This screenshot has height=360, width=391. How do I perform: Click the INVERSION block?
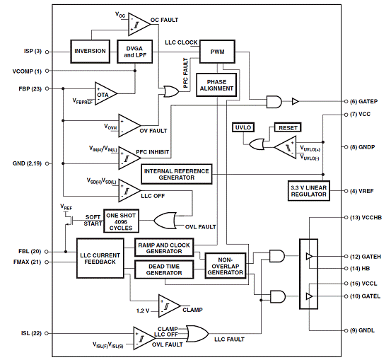pyautogui.click(x=90, y=51)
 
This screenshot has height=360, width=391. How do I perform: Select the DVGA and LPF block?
pyautogui.click(x=134, y=51)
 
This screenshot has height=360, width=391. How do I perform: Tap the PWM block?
pyautogui.click(x=217, y=52)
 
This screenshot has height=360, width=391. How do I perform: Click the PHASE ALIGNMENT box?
pyautogui.click(x=216, y=85)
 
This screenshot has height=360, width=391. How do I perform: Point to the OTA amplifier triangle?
pyautogui.click(x=105, y=94)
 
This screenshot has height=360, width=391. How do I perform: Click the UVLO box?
pyautogui.click(x=243, y=127)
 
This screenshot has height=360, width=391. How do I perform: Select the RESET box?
pyautogui.click(x=288, y=127)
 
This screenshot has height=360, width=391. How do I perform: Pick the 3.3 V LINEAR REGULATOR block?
pyautogui.click(x=309, y=191)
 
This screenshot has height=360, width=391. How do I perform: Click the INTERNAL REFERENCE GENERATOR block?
pyautogui.click(x=177, y=174)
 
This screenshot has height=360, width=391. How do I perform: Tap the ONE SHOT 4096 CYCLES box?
pyautogui.click(x=121, y=221)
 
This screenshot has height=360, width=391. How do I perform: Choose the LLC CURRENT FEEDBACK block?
pyautogui.click(x=100, y=258)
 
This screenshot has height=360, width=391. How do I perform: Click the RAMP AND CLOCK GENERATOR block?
pyautogui.click(x=164, y=248)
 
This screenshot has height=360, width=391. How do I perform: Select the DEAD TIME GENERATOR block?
pyautogui.click(x=164, y=269)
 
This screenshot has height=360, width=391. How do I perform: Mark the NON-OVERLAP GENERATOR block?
pyautogui.click(x=225, y=265)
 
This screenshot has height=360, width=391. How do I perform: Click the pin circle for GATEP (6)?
pyautogui.click(x=346, y=102)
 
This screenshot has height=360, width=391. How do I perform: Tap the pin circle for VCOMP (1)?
pyautogui.click(x=47, y=71)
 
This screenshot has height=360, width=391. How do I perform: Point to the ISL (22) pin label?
pyautogui.click(x=31, y=333)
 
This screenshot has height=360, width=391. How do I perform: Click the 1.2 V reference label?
pyautogui.click(x=143, y=311)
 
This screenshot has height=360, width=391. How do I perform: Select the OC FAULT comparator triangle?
pyautogui.click(x=139, y=25)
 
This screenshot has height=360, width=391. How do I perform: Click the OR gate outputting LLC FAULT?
pyautogui.click(x=197, y=334)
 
